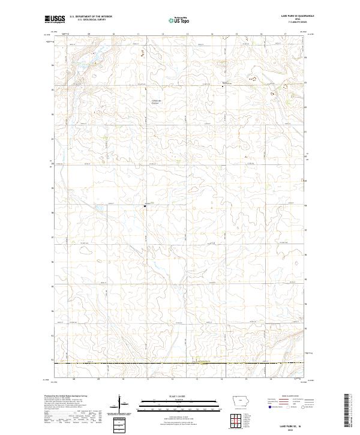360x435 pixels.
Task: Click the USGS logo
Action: (x=55, y=19)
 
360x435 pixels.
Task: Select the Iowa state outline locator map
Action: (x=242, y=401)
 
